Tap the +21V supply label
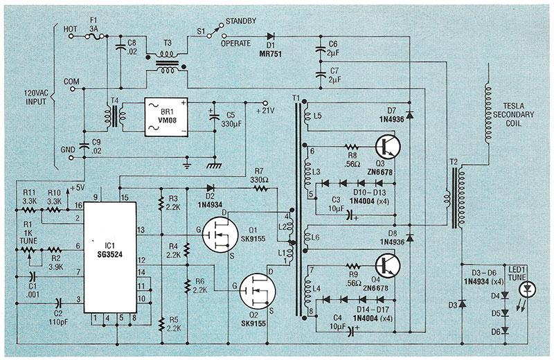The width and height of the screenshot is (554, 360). [267, 109]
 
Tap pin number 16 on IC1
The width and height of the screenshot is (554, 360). [80, 206]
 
